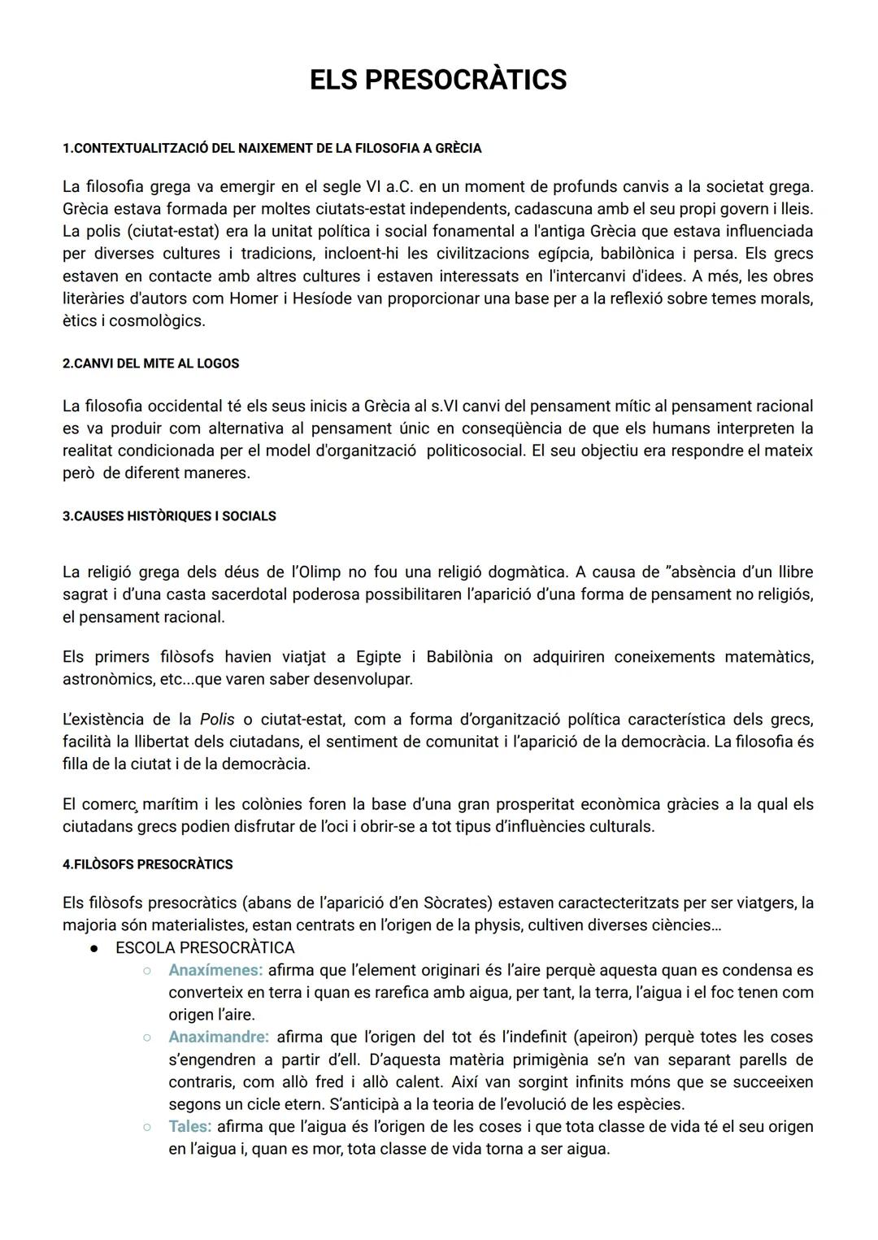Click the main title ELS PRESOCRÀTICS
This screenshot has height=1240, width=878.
438,80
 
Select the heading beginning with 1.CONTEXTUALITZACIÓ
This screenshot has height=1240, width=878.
272,148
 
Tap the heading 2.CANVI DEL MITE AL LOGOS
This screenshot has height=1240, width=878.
150,363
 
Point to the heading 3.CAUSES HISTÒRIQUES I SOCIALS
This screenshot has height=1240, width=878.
169,516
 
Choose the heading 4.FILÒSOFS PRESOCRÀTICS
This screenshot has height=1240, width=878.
147,864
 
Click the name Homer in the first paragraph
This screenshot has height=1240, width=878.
254,298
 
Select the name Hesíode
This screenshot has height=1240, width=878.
323,298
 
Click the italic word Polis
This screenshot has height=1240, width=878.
217,720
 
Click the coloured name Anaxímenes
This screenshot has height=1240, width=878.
215,970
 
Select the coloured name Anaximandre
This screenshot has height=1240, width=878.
218,1038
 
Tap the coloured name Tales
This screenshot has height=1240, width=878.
189,1127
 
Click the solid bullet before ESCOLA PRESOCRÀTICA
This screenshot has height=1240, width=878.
94,948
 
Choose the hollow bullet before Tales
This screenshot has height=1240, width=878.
147,1127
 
